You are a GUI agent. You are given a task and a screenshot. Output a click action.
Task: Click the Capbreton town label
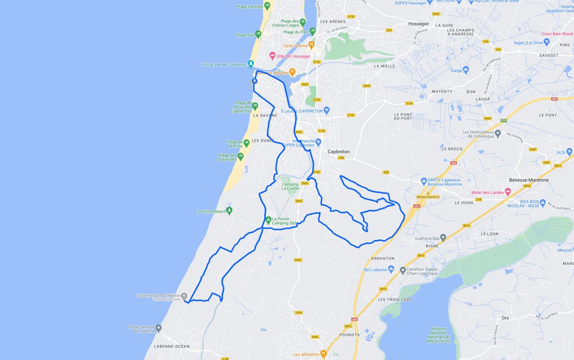click(338, 152)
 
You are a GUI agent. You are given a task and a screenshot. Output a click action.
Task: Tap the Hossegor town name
click(419, 23)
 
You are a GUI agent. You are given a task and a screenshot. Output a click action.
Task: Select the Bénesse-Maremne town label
click(528, 180)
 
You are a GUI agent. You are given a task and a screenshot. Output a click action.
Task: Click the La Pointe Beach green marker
click(230, 210)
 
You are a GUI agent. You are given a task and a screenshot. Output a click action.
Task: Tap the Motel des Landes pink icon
click(508, 191)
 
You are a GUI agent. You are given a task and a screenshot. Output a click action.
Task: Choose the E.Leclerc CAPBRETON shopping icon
click(327, 111)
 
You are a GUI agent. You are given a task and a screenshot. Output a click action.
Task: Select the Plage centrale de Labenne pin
click(159, 328)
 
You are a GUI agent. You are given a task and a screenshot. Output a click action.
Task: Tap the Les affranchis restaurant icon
click(323, 354)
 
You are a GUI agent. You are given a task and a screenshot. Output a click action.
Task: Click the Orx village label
click(505, 318)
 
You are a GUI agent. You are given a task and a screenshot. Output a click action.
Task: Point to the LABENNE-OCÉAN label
click(172, 346)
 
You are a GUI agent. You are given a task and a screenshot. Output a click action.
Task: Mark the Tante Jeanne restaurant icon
click(311, 45)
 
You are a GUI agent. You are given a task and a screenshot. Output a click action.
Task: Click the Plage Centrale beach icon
click(267, 6)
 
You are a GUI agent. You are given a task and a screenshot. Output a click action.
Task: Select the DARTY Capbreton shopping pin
click(424, 181)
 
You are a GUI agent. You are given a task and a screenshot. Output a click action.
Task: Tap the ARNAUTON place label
click(383, 259)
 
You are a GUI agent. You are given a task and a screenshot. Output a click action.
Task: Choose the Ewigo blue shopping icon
click(466, 70)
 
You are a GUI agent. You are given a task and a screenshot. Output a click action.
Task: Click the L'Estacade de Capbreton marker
click(251, 64)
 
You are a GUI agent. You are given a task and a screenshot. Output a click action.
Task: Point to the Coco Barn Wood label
click(557, 34)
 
